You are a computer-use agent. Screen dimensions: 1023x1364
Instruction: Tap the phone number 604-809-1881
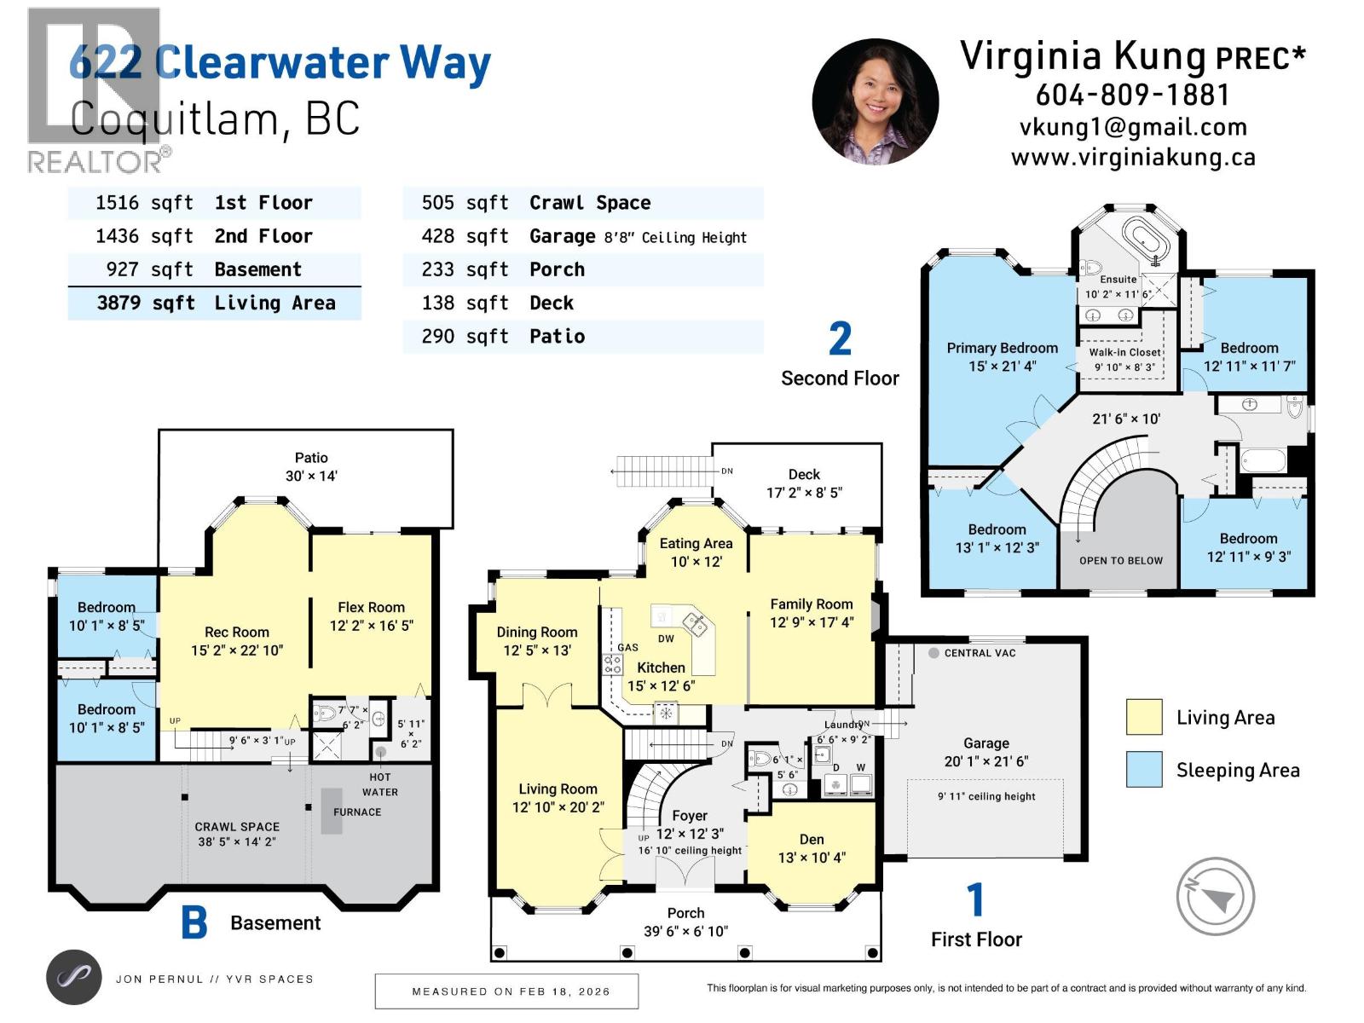(1132, 95)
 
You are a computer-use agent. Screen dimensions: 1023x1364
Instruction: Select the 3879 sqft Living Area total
(215, 303)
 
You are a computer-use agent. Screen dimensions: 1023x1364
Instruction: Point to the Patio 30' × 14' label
(311, 467)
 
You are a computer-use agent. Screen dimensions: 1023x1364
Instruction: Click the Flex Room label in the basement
(371, 616)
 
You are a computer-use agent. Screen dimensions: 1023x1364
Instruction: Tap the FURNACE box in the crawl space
(332, 812)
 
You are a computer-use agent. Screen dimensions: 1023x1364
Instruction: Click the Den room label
(812, 848)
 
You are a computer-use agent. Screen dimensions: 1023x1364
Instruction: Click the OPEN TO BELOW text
(1120, 560)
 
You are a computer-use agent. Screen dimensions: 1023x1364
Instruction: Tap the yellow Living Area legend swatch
(1143, 717)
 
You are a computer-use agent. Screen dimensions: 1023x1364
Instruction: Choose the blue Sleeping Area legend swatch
(1143, 769)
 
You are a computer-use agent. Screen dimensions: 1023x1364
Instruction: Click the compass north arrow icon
(1215, 896)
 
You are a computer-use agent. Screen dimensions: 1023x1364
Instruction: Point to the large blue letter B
(194, 922)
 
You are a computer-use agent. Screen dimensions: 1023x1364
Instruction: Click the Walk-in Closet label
(1124, 359)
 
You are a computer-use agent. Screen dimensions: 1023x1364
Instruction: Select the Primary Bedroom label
(1002, 356)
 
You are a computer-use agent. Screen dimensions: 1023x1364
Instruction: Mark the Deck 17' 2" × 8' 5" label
(804, 483)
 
